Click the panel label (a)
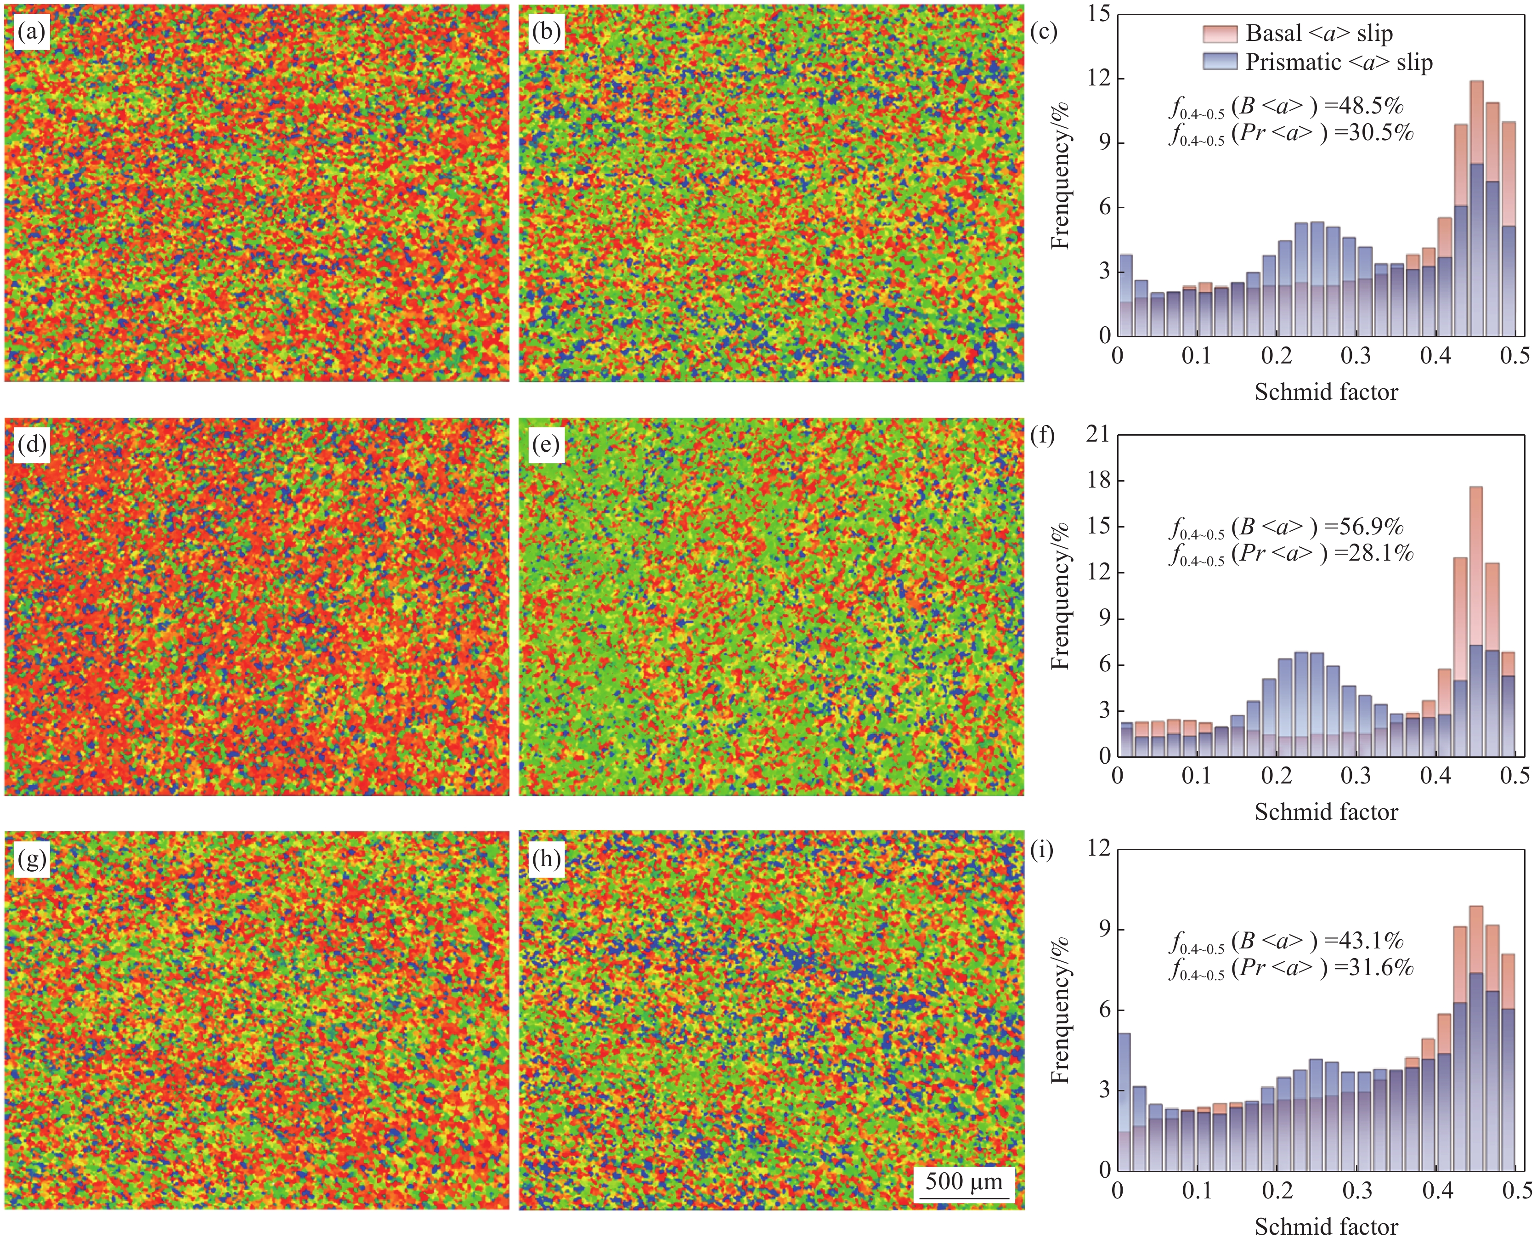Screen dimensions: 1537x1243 [x=32, y=32]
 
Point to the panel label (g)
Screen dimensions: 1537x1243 [x=32, y=858]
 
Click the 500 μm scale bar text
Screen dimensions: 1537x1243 [x=964, y=1181]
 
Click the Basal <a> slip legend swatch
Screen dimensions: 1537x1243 [x=1220, y=34]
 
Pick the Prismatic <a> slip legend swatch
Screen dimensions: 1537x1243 [x=1220, y=62]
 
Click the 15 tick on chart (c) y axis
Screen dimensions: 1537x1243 [x=1099, y=14]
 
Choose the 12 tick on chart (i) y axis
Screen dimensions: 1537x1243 [x=1099, y=848]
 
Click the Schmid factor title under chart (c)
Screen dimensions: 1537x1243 [x=1326, y=392]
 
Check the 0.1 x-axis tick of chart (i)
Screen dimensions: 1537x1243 [x=1197, y=1191]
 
